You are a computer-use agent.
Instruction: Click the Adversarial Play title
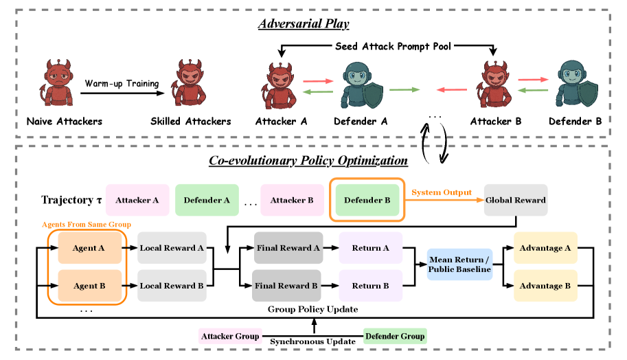point(304,23)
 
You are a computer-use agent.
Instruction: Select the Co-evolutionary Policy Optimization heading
point(308,160)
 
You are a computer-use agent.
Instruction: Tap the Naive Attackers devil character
point(56,83)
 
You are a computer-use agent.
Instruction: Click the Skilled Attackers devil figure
point(188,83)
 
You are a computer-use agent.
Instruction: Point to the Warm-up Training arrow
point(122,93)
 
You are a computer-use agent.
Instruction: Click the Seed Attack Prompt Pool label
point(393,47)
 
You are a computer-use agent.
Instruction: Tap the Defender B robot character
point(577,84)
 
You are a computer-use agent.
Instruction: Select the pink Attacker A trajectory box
point(137,200)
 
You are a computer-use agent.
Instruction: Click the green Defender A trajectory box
point(207,200)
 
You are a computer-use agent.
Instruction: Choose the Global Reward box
point(516,200)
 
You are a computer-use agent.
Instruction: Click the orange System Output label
point(442,192)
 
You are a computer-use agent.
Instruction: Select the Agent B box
point(89,286)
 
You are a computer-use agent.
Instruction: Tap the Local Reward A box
point(172,248)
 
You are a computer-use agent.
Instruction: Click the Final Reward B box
point(286,286)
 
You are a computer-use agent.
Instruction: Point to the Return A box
point(371,248)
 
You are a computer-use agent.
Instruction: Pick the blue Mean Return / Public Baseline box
point(460,265)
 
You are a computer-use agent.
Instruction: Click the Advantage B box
point(545,286)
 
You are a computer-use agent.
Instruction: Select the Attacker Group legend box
point(230,336)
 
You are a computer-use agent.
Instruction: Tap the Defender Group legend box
point(395,336)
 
